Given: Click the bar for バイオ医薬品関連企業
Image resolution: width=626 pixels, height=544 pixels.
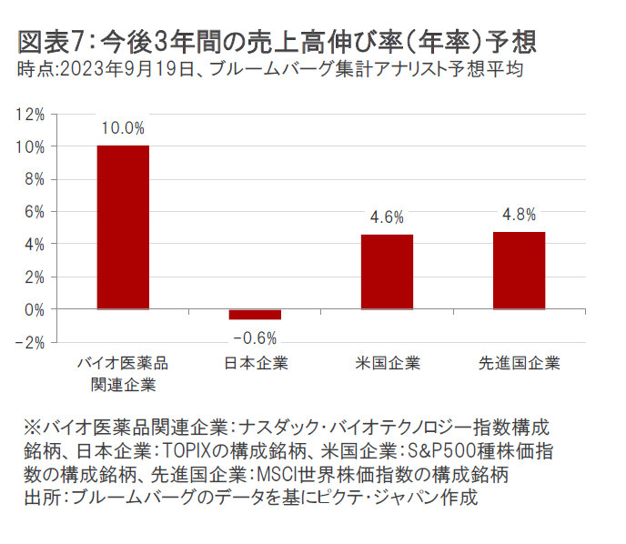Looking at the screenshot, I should [123, 227].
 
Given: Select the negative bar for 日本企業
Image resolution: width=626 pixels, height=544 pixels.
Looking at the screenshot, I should [255, 315].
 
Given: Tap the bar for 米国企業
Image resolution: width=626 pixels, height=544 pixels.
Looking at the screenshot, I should [387, 272].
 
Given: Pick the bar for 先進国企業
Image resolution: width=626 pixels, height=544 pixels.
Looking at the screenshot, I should [519, 270].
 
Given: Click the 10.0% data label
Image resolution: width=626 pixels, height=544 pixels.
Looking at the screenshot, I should [123, 128].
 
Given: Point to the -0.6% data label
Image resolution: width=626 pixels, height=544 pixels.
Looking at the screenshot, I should [255, 337].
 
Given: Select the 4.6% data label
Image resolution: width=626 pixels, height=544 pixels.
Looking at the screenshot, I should [387, 217].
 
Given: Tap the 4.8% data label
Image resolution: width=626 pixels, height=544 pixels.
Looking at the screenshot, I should [519, 215].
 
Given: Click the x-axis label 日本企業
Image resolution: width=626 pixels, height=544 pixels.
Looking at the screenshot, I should [255, 364].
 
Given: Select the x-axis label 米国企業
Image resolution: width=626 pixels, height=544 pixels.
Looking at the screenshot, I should [388, 364].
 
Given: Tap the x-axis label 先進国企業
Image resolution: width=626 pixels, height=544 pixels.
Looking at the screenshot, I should [519, 364].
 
